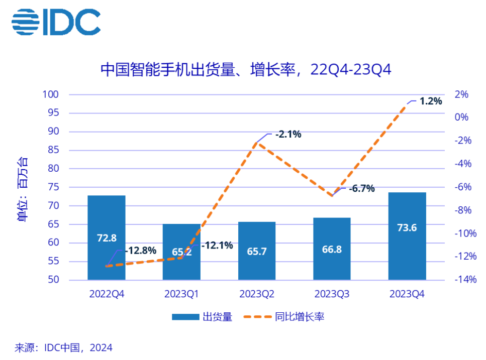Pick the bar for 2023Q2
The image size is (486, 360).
(x=257, y=251)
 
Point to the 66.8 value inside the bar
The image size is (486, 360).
(x=332, y=250)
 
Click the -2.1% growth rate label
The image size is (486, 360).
(x=287, y=134)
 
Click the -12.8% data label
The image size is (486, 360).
(x=141, y=250)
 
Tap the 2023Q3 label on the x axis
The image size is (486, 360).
(x=332, y=294)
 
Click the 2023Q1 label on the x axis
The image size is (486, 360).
(x=181, y=294)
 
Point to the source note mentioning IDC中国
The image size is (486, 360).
(x=64, y=347)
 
